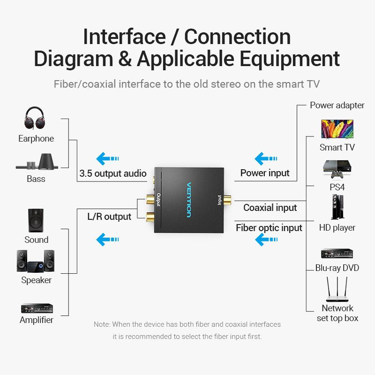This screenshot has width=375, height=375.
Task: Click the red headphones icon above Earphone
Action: click(36, 118)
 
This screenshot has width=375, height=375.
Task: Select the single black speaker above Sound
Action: click(36, 220)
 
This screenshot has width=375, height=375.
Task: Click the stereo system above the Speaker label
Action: click(36, 261)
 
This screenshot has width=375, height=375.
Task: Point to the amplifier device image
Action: click(37, 308)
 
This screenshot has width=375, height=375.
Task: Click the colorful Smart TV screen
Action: click(337, 129)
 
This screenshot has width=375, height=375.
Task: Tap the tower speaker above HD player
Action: click(337, 207)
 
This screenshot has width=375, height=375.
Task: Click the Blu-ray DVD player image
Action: click(337, 254)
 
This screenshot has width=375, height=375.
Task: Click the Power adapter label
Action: click(337, 105)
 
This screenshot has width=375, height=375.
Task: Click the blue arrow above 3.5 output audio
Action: click(107, 158)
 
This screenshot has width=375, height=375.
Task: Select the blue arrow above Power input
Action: click(266, 158)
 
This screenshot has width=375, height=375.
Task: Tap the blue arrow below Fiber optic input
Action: click(266, 240)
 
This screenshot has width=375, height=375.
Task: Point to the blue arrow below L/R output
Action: click(107, 240)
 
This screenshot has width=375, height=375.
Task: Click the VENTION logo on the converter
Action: click(189, 199)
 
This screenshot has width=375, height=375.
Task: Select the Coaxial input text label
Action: click(270, 208)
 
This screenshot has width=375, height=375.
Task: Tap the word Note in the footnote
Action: click(102, 324)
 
